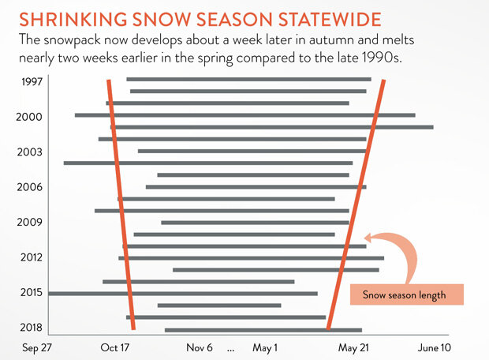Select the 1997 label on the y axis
click(x=32, y=82)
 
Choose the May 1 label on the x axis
click(x=265, y=347)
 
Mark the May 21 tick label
click(x=354, y=347)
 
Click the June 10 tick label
click(x=434, y=347)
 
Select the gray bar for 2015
click(x=182, y=294)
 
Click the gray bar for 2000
click(x=244, y=115)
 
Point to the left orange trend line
click(x=121, y=205)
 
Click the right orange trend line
click(x=356, y=205)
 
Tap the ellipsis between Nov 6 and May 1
click(x=231, y=348)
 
